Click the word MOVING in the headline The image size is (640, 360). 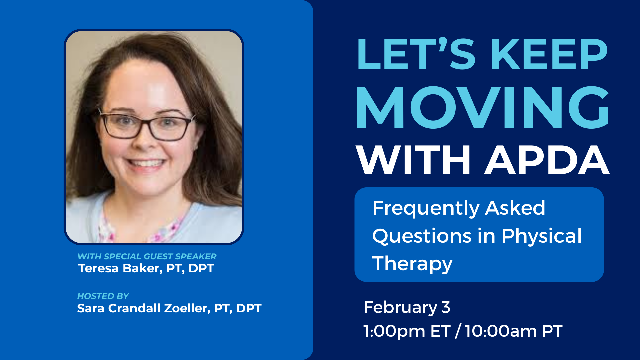point(483,107)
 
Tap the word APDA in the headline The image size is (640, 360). point(547,160)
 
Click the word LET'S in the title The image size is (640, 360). point(416,54)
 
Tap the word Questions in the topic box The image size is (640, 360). point(422,237)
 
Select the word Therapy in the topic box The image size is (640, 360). point(412,264)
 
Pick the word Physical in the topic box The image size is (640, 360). point(542,236)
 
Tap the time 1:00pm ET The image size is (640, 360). point(407,331)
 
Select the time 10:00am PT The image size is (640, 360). point(514,331)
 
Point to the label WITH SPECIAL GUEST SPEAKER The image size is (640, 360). point(147,256)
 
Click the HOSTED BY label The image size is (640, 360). point(103,296)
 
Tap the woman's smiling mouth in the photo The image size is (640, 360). point(146,163)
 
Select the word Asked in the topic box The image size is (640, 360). point(515,208)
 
